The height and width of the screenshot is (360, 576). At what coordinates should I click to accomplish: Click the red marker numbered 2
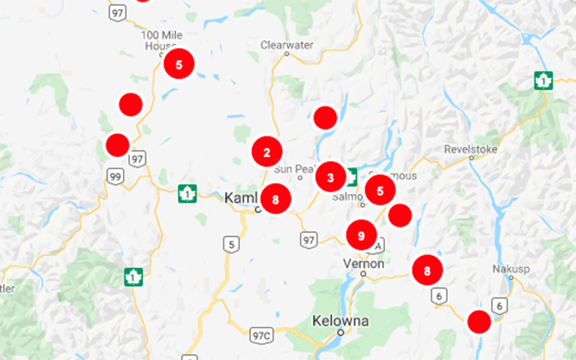pyautogui.click(x=267, y=152)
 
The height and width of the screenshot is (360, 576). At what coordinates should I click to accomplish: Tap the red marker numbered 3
pyautogui.click(x=331, y=178)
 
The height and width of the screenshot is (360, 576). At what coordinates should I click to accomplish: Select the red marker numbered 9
pyautogui.click(x=361, y=235)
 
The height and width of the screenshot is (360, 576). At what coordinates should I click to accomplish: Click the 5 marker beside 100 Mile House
pyautogui.click(x=179, y=64)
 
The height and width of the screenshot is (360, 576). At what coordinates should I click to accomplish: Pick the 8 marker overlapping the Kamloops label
pyautogui.click(x=275, y=200)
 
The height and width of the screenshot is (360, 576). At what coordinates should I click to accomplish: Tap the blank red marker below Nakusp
pyautogui.click(x=479, y=323)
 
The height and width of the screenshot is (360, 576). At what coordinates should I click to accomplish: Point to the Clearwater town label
pyautogui.click(x=284, y=44)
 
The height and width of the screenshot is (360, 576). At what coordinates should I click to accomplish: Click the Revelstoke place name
pyautogui.click(x=472, y=149)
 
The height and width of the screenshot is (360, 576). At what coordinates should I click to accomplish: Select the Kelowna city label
pyautogui.click(x=340, y=320)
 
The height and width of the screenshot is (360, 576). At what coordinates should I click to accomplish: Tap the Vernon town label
pyautogui.click(x=362, y=263)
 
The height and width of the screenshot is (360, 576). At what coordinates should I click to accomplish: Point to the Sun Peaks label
pyautogui.click(x=294, y=168)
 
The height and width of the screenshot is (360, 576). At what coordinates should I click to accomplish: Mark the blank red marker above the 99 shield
pyautogui.click(x=117, y=144)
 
